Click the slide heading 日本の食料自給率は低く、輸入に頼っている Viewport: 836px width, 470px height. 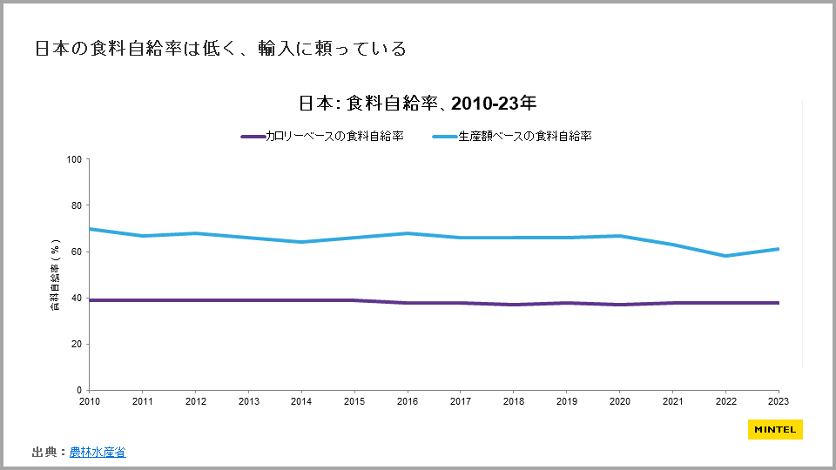pos(220,49)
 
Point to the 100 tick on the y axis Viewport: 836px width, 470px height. pos(74,159)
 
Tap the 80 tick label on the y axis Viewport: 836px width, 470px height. pos(76,205)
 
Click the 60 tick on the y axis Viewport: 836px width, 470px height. pos(76,252)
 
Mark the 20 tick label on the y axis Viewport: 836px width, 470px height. pos(76,344)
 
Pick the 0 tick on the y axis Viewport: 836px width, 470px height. pos(78,390)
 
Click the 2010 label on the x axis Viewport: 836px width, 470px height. pos(90,401)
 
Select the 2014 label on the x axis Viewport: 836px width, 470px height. pos(301,401)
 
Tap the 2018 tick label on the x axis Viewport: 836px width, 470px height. pos(513,401)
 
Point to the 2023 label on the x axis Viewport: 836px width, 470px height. pos(778,401)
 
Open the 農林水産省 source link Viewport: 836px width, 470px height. pos(98,452)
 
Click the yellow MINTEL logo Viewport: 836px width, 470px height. pos(775,429)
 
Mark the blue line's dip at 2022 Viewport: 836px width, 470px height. pos(725,256)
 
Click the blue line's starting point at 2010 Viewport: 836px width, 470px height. pos(90,229)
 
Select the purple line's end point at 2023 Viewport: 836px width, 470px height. pos(778,303)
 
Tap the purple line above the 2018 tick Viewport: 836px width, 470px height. pos(513,305)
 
